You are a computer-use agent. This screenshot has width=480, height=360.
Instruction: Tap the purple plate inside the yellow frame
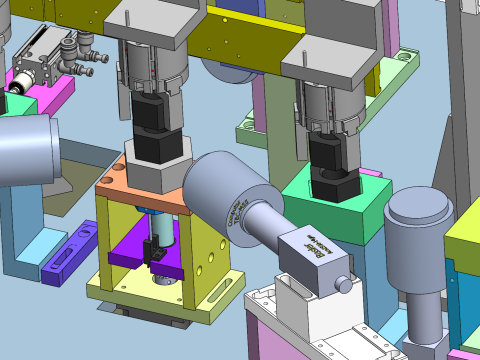point(130,251)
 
